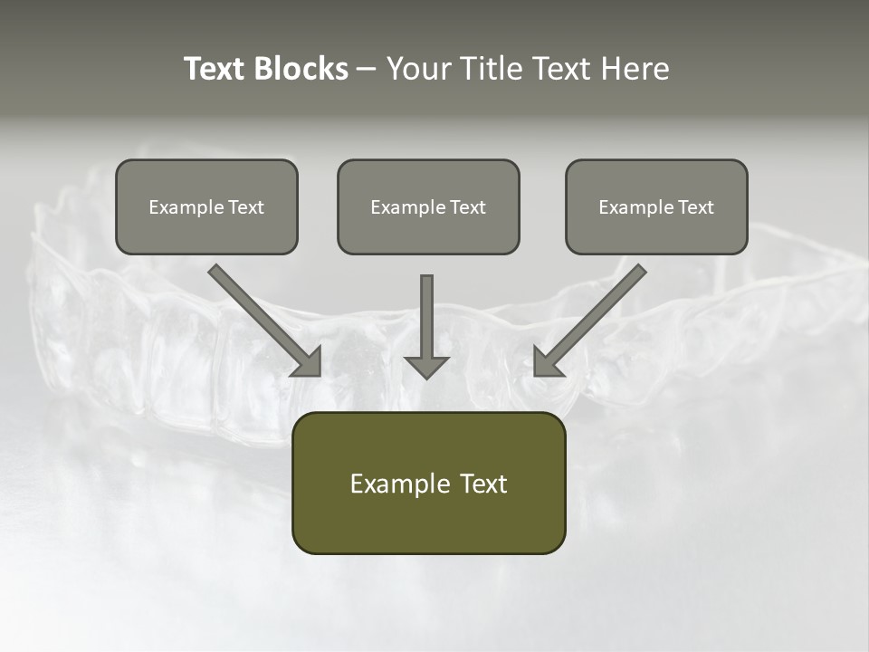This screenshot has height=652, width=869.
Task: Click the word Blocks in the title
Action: [301, 69]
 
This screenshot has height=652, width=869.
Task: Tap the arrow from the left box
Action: [263, 318]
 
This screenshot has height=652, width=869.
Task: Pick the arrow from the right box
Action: [592, 318]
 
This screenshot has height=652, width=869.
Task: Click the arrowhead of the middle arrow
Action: [426, 366]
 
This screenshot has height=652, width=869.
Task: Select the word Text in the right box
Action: [696, 207]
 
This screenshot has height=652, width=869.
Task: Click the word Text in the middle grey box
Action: [468, 207]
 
